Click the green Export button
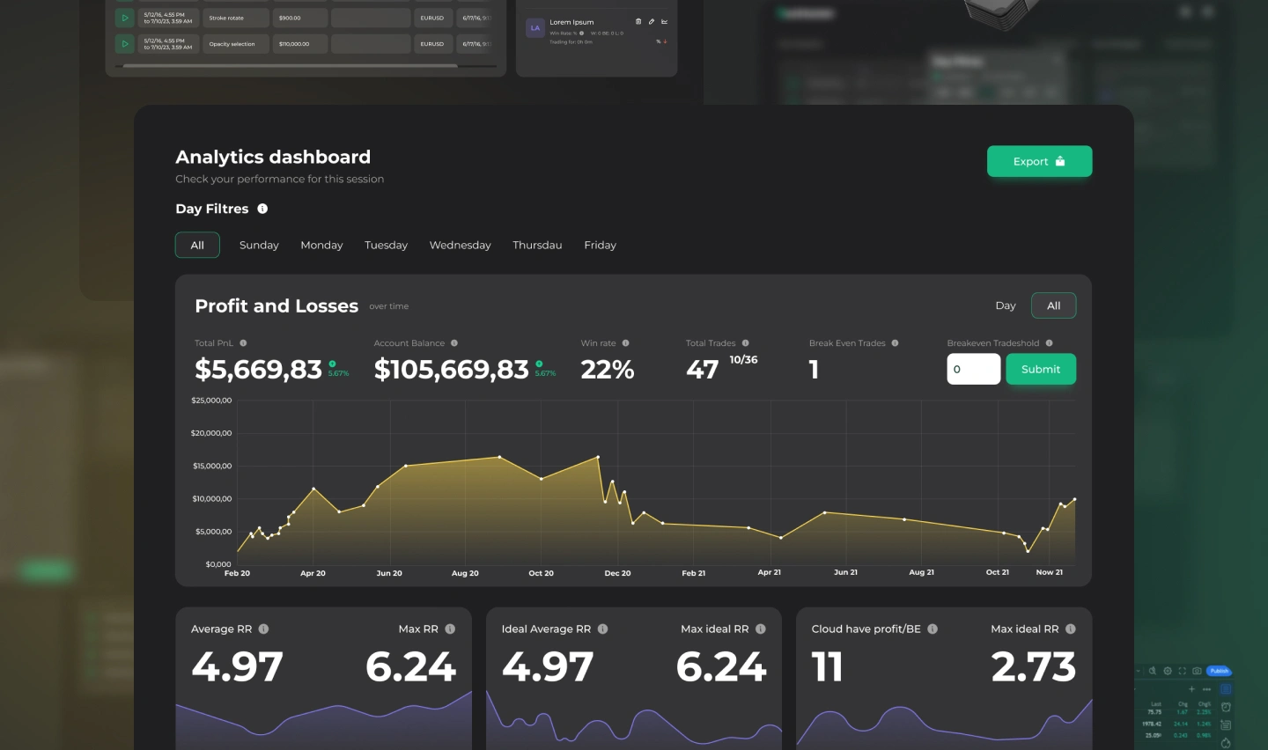[x=1039, y=161]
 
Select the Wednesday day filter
[x=460, y=245]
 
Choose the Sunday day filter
[x=259, y=245]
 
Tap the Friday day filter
[x=600, y=245]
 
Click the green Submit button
[x=1040, y=369]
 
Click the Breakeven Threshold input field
[x=973, y=369]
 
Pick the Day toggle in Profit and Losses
[x=1005, y=305]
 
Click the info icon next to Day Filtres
[x=262, y=209]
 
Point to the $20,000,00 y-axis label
[x=211, y=433]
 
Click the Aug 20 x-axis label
[x=465, y=573]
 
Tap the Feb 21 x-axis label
[x=693, y=573]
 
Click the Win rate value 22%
[x=608, y=370]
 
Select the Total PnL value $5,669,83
[x=258, y=370]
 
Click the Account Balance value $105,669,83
[x=451, y=370]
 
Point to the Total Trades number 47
[x=702, y=370]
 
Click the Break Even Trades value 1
[x=814, y=370]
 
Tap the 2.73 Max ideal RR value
[x=1033, y=667]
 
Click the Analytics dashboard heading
[x=273, y=157]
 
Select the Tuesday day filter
[x=386, y=245]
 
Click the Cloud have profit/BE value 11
[x=827, y=667]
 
